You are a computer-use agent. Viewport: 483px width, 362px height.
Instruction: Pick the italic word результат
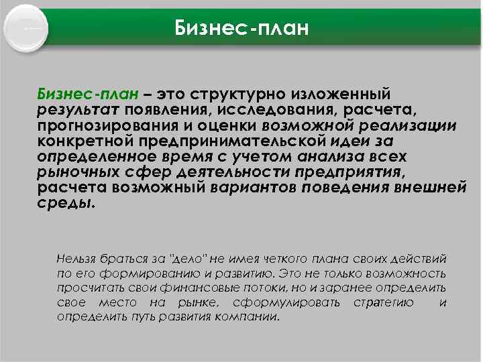(78, 109)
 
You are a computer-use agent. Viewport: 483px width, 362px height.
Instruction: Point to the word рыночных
(74, 172)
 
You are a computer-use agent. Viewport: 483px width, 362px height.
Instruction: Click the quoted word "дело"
(186, 258)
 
